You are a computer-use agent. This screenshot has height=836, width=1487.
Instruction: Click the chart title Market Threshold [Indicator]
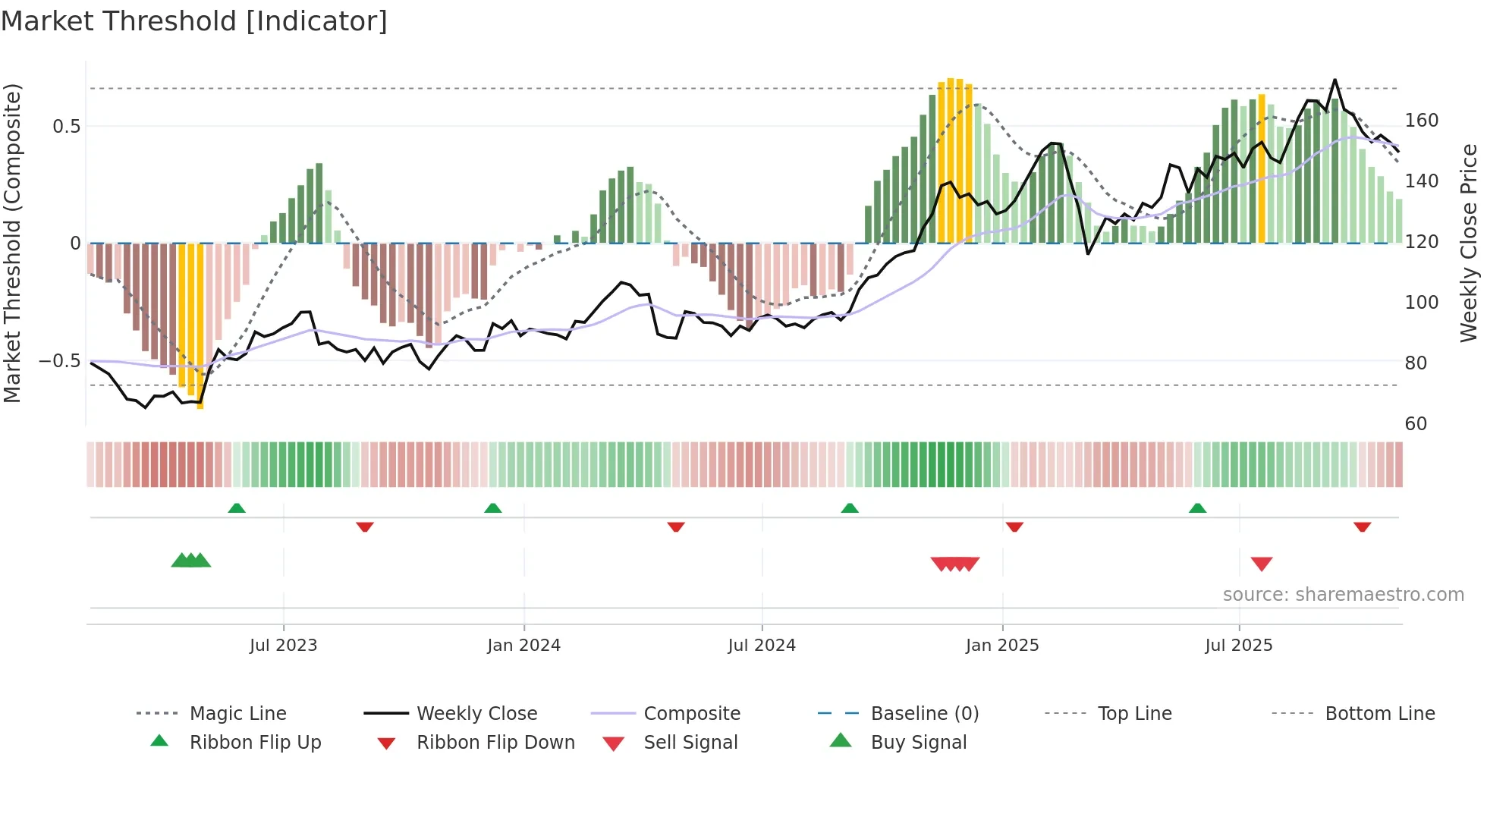click(194, 21)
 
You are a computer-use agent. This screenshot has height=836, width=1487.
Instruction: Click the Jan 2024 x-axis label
click(523, 646)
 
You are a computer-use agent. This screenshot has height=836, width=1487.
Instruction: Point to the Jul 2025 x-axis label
click(1238, 646)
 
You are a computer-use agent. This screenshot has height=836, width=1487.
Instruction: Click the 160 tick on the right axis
click(1421, 121)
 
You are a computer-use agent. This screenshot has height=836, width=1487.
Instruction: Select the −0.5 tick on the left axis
click(59, 360)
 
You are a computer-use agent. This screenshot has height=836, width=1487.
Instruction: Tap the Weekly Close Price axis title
click(1469, 243)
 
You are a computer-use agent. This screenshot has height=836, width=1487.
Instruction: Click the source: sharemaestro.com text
click(1343, 595)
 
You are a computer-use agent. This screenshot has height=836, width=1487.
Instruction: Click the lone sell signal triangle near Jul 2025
click(1261, 564)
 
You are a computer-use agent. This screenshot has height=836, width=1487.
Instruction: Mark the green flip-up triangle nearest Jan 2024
click(493, 508)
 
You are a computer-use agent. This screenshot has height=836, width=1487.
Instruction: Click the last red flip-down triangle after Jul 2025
click(1362, 526)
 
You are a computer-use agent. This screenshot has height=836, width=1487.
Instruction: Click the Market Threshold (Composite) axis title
click(12, 243)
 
